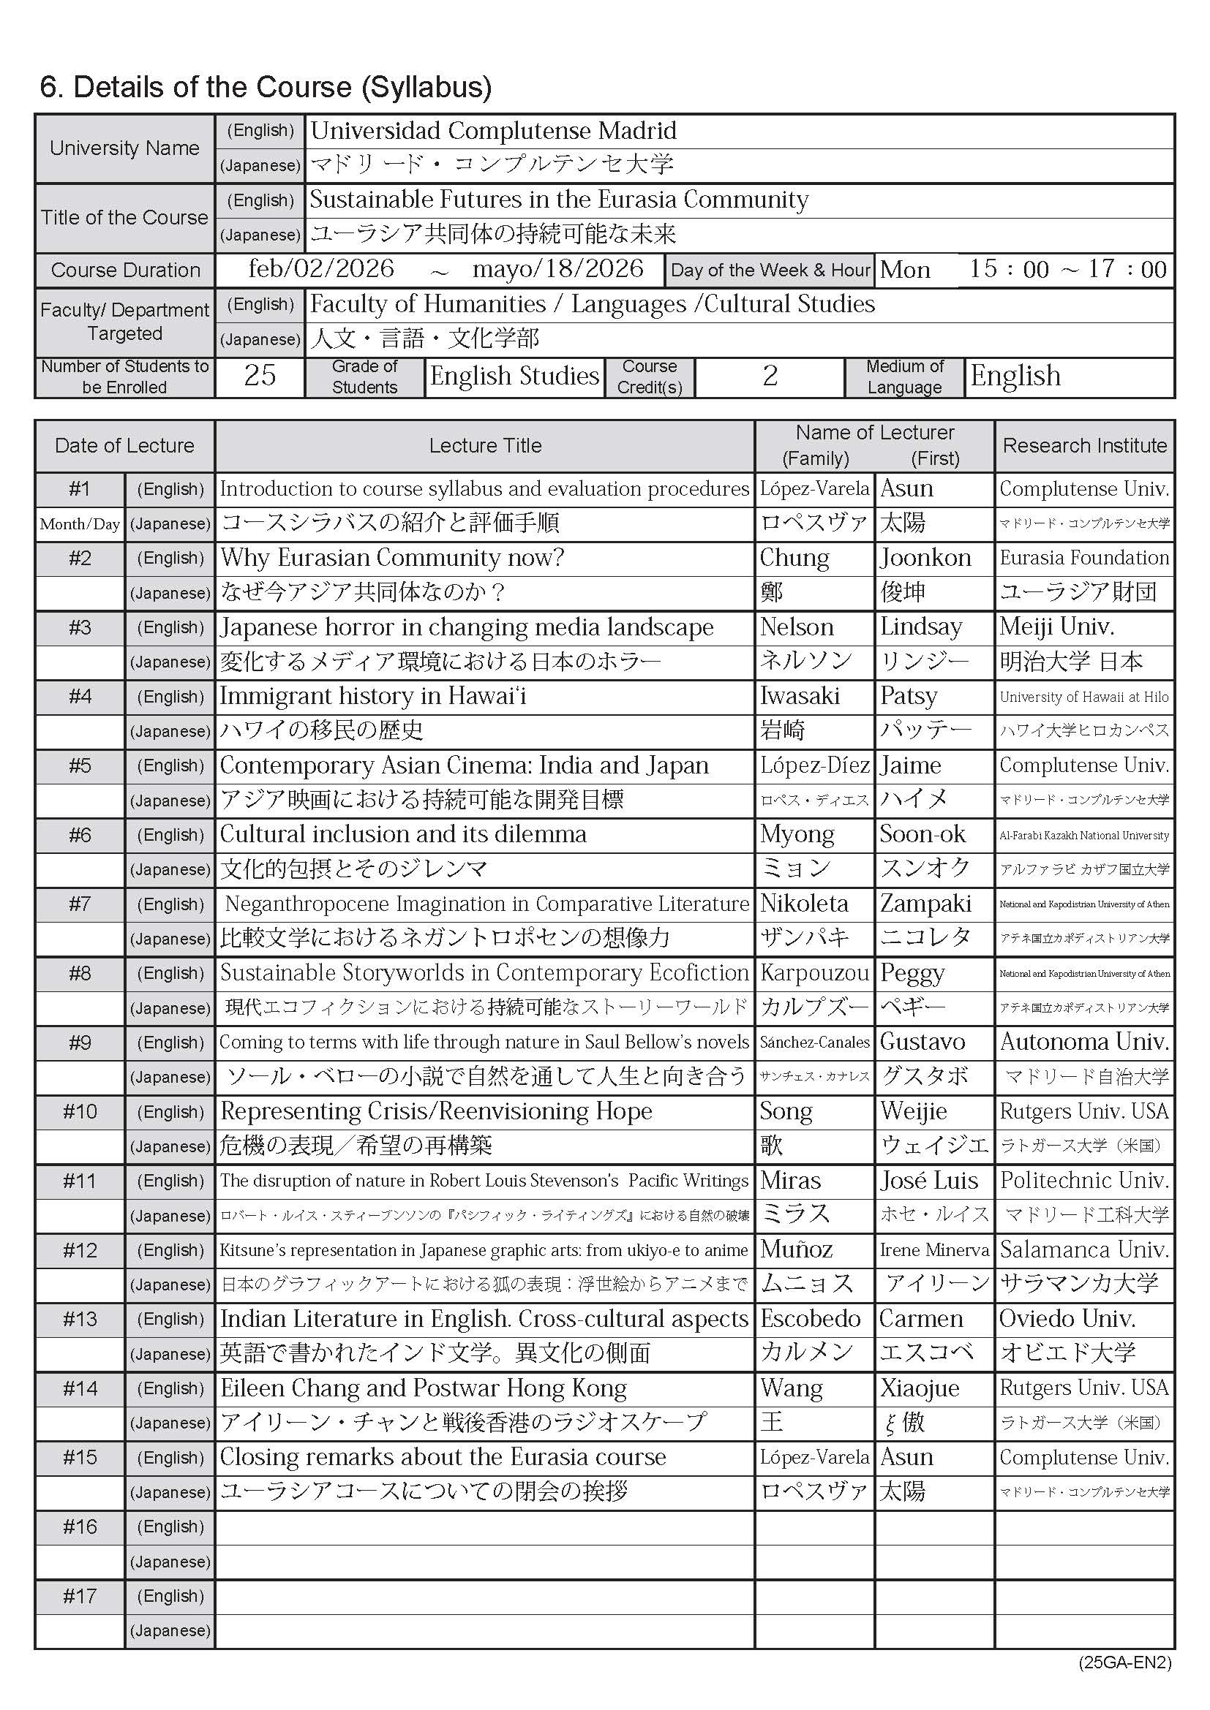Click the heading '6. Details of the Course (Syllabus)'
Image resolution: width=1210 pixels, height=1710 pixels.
tap(266, 87)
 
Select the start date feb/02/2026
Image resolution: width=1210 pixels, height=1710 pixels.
tap(321, 269)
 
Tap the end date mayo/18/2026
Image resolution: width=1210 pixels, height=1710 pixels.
tap(557, 269)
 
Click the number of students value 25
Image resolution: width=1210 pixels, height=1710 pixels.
tap(259, 375)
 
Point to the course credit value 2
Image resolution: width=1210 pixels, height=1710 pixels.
tap(770, 375)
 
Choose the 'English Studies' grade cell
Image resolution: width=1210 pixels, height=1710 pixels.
tap(514, 375)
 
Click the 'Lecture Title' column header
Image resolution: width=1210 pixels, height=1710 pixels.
tap(485, 445)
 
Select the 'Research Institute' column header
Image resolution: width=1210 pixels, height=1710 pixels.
tap(1084, 445)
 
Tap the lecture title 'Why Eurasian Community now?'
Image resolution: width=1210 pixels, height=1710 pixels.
tap(392, 558)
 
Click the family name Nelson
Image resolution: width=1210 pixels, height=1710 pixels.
tap(797, 627)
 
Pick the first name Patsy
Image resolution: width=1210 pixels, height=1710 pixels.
tap(909, 697)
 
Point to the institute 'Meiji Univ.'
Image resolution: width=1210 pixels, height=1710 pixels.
tap(1056, 627)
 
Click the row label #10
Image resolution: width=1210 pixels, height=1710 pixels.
tap(80, 1112)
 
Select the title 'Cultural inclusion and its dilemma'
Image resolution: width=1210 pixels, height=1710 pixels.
tap(403, 834)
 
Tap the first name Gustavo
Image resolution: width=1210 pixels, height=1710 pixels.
tap(922, 1042)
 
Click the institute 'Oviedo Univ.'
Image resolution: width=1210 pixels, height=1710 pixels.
tap(1067, 1319)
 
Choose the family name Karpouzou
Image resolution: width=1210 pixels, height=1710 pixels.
tap(814, 972)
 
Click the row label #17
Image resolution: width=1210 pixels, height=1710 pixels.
tap(80, 1596)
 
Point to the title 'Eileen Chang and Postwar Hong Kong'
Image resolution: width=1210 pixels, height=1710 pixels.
tap(423, 1388)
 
